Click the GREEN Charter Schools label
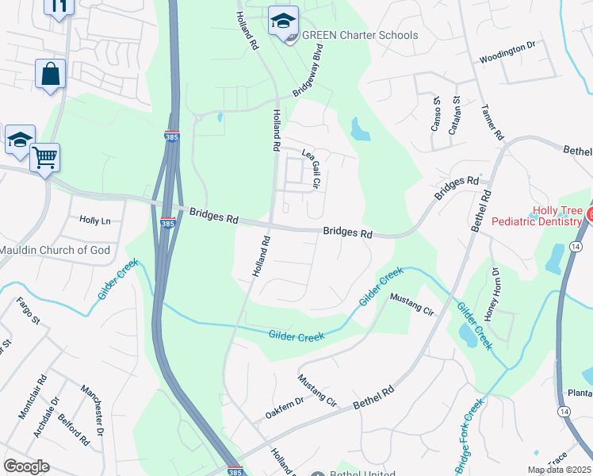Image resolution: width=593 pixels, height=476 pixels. (x=360, y=35)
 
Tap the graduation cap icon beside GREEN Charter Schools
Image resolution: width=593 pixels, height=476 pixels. (x=282, y=21)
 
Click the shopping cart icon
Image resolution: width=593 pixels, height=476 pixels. (x=45, y=157)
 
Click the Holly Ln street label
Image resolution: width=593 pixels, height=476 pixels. (x=95, y=221)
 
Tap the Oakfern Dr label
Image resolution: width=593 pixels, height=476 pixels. (x=285, y=406)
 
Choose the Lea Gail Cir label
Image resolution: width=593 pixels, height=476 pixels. (x=311, y=167)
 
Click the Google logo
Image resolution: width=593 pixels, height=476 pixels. (x=26, y=466)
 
